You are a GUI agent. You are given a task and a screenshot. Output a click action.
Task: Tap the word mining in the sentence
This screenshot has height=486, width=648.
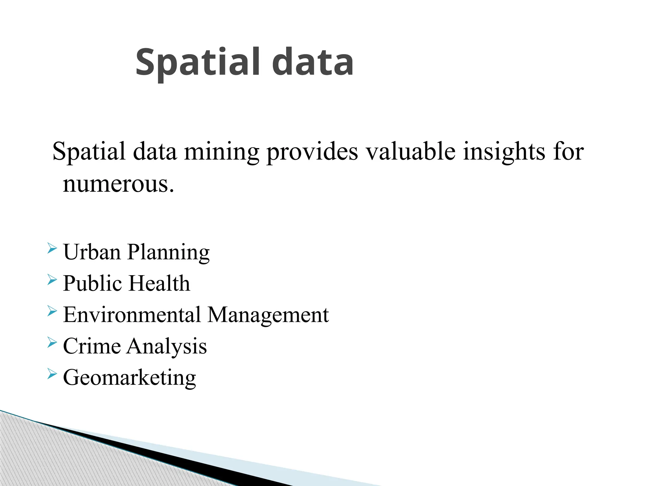coord(221,152)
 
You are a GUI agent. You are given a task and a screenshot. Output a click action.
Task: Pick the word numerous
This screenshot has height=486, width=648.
coord(118,184)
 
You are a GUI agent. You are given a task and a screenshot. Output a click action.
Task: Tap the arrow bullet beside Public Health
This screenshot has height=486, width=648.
coord(52,279)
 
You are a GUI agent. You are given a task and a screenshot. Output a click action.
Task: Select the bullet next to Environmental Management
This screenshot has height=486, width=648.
coord(52,311)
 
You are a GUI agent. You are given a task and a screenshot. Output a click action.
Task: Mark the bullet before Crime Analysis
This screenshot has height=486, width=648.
coord(52,342)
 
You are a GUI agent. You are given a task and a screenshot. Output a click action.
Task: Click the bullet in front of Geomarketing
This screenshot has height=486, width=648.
coord(52,373)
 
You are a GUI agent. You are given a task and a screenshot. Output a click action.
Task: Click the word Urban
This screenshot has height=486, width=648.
coord(92,252)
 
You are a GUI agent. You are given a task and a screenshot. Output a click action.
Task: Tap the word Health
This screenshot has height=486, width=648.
coord(160,283)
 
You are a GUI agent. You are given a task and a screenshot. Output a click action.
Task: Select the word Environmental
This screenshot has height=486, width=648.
coord(132,315)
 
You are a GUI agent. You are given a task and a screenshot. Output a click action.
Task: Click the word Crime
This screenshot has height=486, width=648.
coord(92,346)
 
